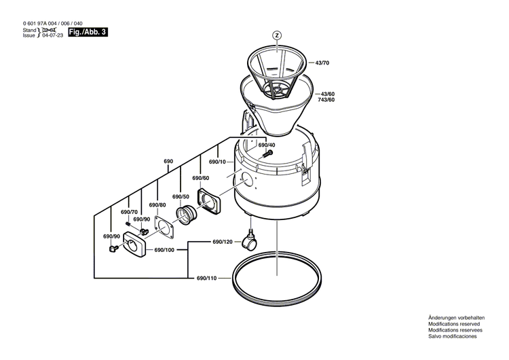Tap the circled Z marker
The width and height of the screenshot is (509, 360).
coord(276,35)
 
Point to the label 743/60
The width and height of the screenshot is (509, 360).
coord(326,100)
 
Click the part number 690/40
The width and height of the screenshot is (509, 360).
coord(267,145)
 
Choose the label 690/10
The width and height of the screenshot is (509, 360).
coord(217,162)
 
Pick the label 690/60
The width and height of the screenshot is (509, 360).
coord(200,178)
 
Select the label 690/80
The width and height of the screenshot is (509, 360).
coord(157,204)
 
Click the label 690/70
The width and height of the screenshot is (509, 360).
coord(129,212)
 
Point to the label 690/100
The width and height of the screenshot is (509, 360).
coord(164,250)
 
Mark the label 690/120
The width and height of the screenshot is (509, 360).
coord(223,242)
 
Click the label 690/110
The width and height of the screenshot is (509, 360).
coord(206,278)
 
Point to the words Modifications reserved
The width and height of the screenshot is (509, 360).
coord(452,324)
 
